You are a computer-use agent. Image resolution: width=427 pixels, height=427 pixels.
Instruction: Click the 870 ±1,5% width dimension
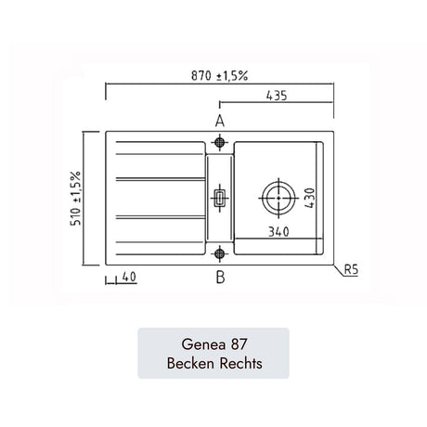pyautogui.click(x=219, y=75)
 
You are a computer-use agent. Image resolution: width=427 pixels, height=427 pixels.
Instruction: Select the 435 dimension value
pyautogui.click(x=277, y=96)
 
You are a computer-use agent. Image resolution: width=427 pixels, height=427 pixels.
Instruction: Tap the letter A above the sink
pyautogui.click(x=220, y=121)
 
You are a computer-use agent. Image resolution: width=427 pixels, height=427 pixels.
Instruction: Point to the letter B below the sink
pyautogui.click(x=220, y=277)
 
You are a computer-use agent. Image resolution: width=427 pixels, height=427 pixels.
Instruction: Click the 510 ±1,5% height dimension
pyautogui.click(x=76, y=198)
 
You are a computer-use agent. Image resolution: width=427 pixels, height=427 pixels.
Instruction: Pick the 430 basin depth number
pyautogui.click(x=310, y=198)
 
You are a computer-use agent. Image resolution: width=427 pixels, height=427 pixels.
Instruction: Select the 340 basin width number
pyautogui.click(x=278, y=232)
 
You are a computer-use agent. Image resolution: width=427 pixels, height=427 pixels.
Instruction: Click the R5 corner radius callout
pyautogui.click(x=351, y=269)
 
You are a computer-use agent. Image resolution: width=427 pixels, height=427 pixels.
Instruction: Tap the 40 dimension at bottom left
pyautogui.click(x=129, y=277)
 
